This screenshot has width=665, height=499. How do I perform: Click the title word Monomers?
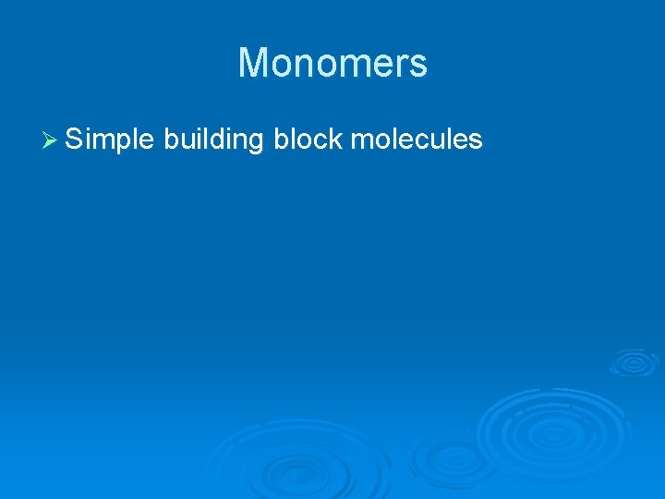332,63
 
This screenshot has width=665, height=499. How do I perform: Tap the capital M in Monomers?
254,63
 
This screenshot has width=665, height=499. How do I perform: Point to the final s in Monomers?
417,65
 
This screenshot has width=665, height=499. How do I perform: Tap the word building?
214,140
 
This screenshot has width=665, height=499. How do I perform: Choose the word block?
308,139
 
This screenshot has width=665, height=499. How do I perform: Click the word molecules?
417,139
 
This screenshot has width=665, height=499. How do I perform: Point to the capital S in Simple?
75,139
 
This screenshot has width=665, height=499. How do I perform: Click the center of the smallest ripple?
634,362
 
